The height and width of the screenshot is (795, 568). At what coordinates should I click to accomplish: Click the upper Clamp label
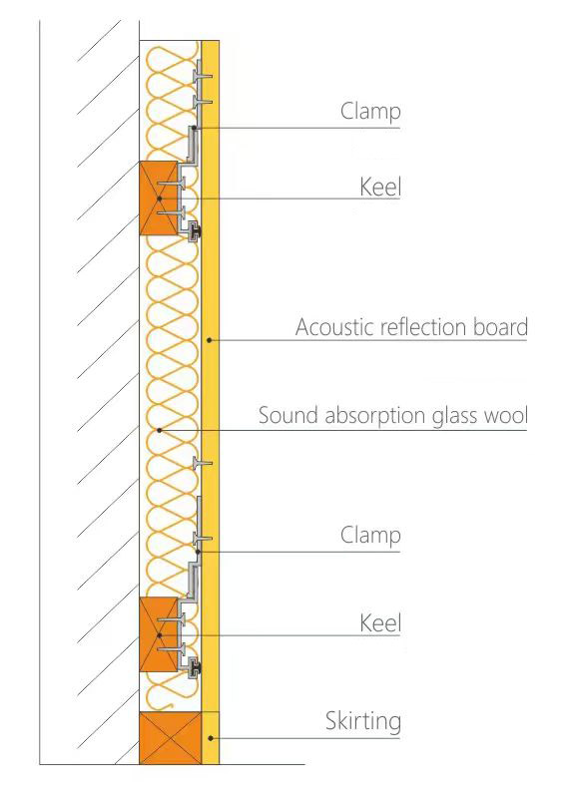click(370, 112)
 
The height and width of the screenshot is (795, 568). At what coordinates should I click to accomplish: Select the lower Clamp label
click(370, 536)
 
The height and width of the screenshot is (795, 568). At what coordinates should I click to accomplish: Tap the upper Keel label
click(380, 188)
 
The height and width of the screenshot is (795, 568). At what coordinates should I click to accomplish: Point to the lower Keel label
click(380, 623)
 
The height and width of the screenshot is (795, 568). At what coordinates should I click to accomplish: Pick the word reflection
click(424, 327)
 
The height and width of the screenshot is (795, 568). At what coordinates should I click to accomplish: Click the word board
click(500, 327)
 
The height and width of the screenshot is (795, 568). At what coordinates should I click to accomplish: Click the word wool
click(505, 415)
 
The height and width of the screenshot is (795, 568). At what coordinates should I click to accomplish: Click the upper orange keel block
click(159, 198)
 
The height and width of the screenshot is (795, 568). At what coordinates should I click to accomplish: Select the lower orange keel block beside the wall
click(159, 634)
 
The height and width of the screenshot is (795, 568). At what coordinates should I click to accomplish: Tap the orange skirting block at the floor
click(171, 738)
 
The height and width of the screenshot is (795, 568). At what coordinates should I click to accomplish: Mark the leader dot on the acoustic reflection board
click(209, 340)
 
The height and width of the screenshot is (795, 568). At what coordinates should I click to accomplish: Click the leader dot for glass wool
click(159, 431)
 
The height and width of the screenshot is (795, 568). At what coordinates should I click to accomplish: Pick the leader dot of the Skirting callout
click(211, 738)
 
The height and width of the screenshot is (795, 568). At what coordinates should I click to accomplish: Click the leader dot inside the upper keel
click(159, 199)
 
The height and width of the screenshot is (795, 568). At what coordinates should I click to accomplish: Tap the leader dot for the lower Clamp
click(198, 552)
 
